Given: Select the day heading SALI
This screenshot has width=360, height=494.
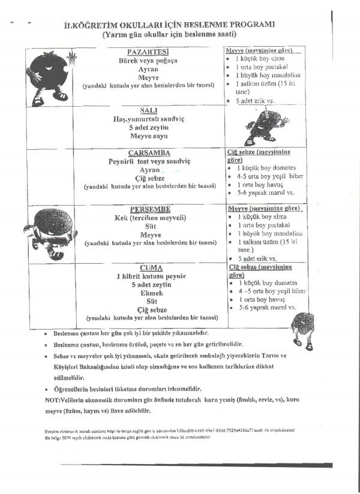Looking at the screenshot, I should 149,111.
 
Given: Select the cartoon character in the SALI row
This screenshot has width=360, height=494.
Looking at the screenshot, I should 260,126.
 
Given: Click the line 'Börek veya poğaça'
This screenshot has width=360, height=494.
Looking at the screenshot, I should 149,61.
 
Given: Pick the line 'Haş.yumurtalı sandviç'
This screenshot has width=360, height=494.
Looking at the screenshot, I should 149,120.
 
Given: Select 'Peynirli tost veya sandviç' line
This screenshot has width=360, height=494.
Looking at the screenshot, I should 149,162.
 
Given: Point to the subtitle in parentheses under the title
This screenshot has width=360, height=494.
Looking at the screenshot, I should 169,35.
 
